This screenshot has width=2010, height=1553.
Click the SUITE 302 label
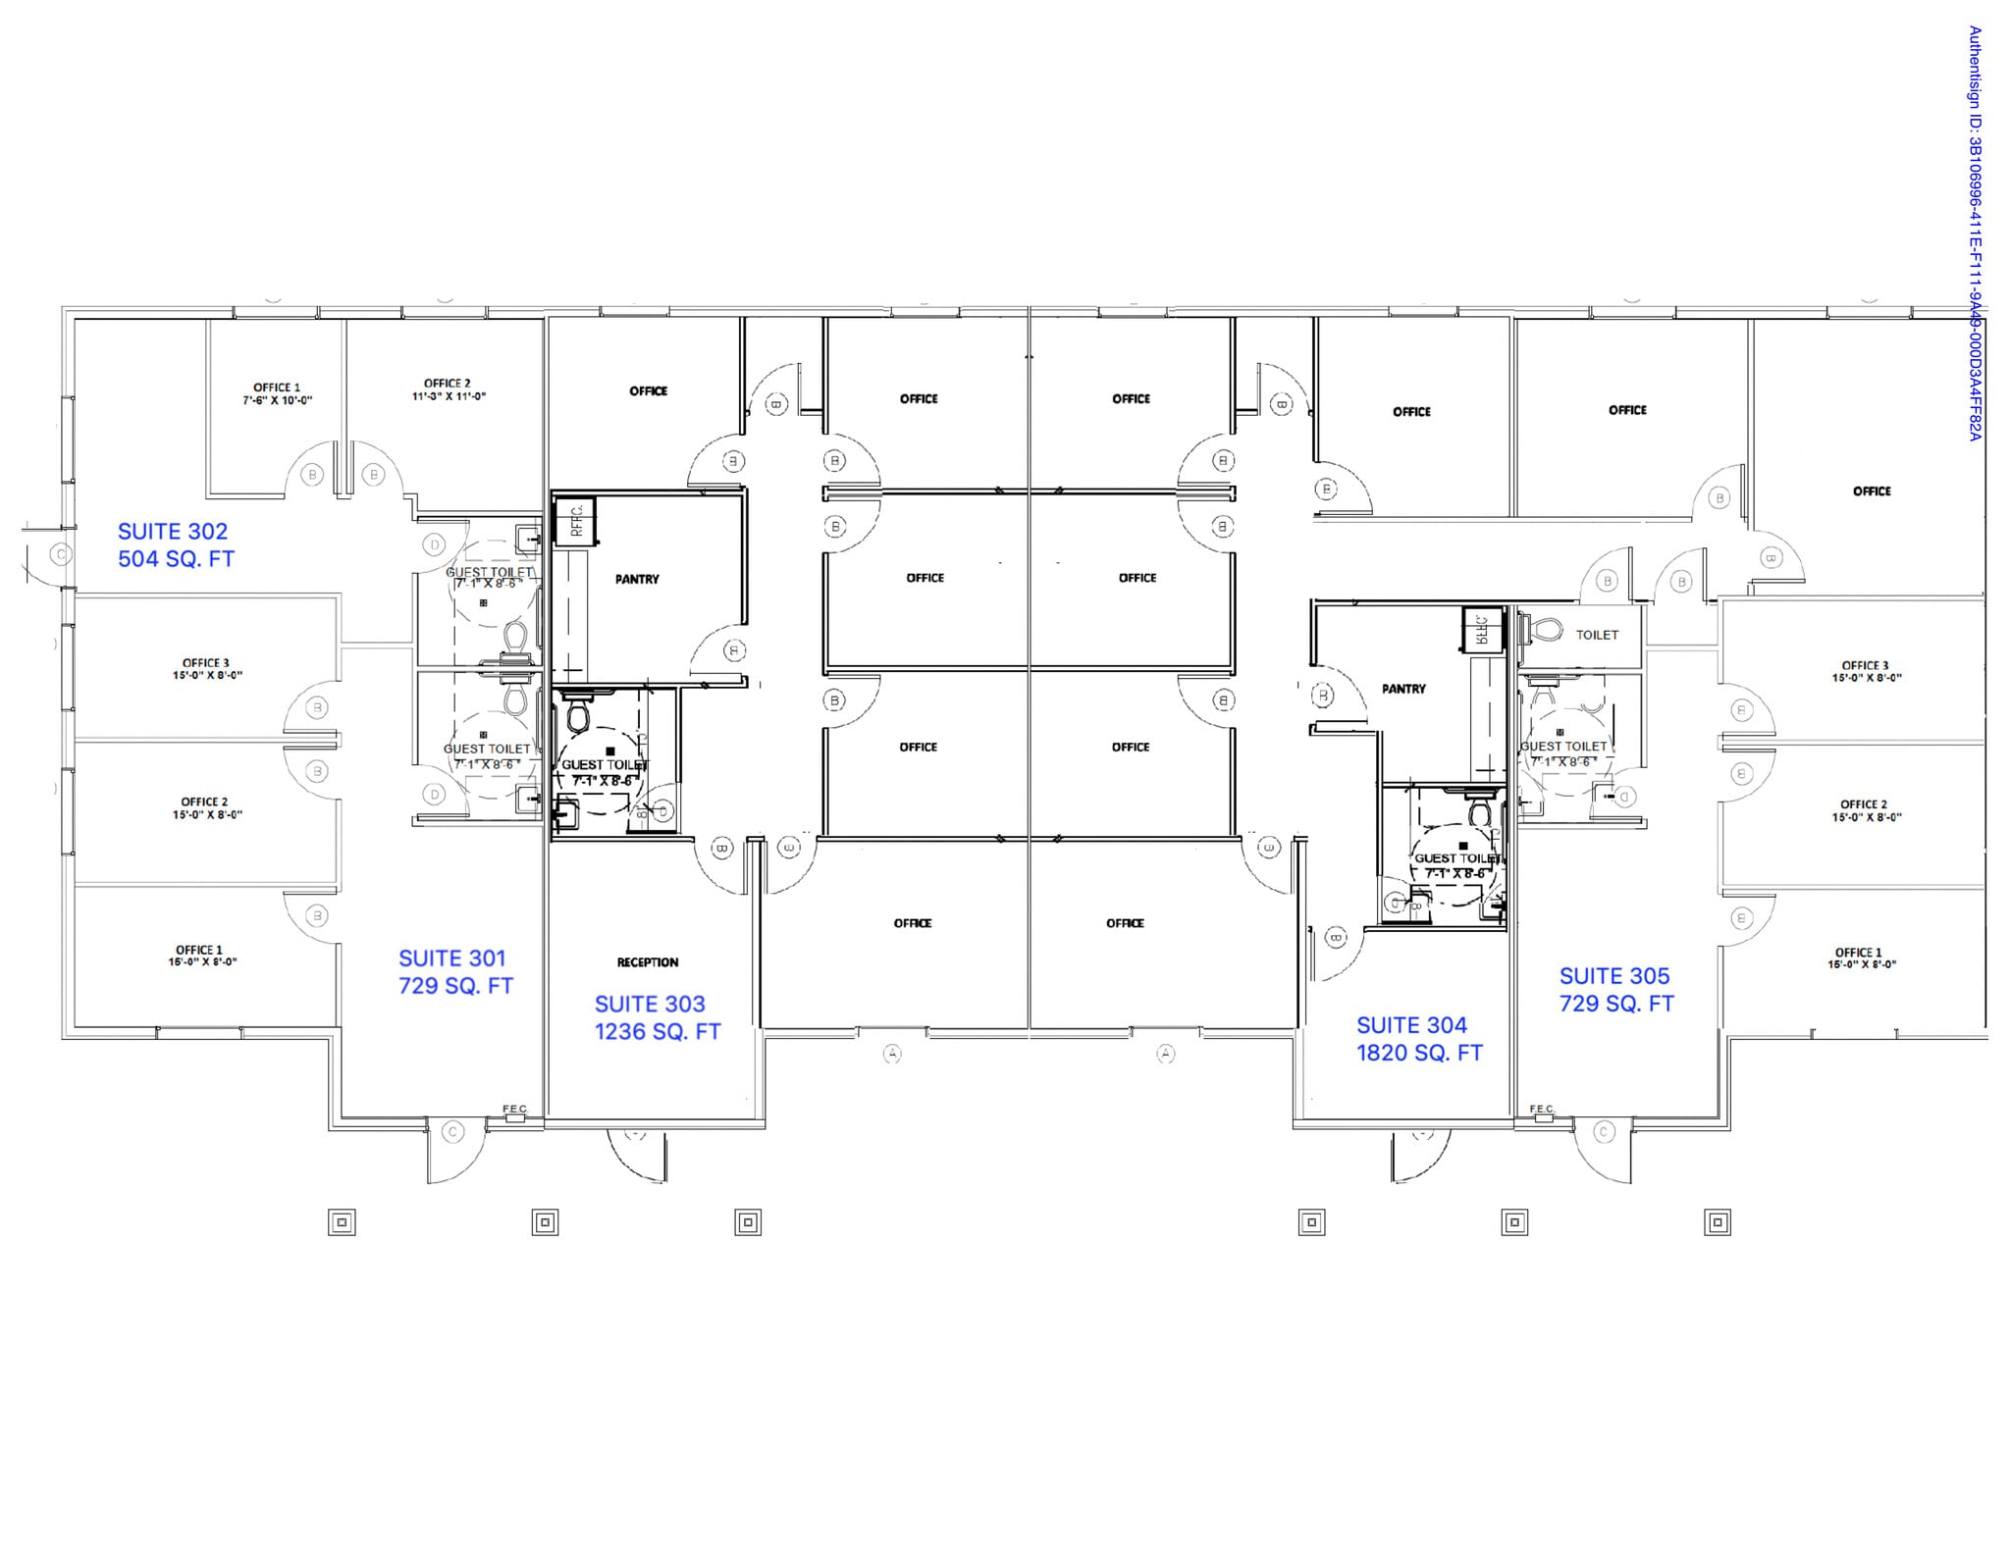tap(173, 532)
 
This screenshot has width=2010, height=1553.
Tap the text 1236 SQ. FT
tap(657, 1032)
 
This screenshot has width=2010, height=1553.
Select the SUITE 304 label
tap(1411, 1025)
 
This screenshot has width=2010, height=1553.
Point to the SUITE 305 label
tap(1613, 976)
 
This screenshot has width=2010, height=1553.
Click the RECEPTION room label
tap(648, 962)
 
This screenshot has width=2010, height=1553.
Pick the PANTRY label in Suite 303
tap(637, 580)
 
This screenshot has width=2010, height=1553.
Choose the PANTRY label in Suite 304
tap(1403, 690)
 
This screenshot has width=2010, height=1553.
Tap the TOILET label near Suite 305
tap(1597, 635)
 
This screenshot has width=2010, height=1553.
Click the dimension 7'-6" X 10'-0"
tap(278, 401)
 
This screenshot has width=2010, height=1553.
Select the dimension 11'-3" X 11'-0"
tap(448, 397)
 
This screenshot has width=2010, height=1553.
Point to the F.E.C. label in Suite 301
tap(515, 1110)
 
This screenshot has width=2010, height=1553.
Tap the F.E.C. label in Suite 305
tap(1542, 1110)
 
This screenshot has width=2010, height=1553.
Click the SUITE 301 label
tap(451, 958)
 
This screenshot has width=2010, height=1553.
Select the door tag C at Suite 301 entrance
tap(452, 1132)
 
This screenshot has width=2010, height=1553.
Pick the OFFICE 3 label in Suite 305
tap(1865, 665)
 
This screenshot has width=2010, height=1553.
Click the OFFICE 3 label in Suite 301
tap(206, 663)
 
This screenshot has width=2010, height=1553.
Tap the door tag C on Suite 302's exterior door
tap(61, 555)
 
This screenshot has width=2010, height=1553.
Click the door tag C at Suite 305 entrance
tap(1604, 1132)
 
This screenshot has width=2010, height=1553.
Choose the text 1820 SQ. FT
tap(1419, 1053)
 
